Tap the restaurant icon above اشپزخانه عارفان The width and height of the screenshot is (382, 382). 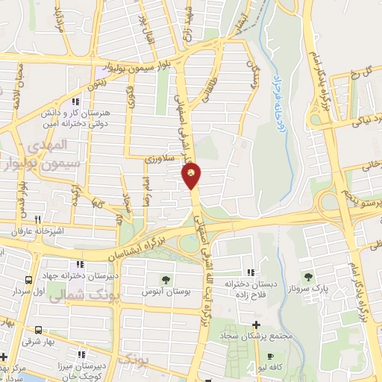click(x=37, y=219)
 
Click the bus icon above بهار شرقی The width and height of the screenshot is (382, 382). click(x=37, y=329)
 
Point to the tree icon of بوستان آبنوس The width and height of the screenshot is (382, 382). click(x=165, y=280)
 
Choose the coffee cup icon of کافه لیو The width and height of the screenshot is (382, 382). click(x=271, y=357)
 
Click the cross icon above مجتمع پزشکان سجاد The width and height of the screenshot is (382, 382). click(x=257, y=325)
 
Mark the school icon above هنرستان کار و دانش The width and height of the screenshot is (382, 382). click(x=74, y=101)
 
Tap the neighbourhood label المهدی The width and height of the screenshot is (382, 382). click(x=57, y=142)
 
